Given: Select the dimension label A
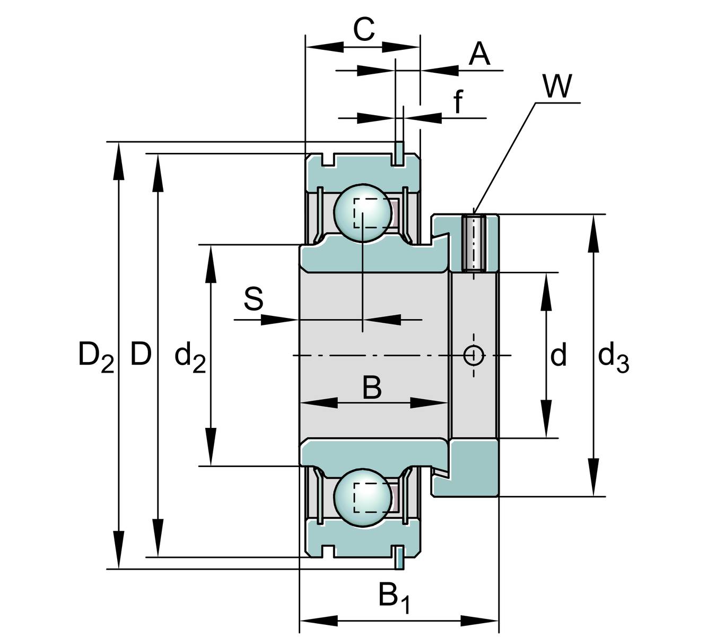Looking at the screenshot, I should point(479,54).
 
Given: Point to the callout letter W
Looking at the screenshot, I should point(557,87).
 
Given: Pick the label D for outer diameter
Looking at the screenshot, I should point(141,354).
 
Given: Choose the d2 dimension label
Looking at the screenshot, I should point(190,357).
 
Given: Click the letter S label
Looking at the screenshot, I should point(254,299).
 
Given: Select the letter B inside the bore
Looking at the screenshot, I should point(372,388).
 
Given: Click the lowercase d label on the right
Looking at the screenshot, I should point(558,355).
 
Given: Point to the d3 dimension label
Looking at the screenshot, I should point(613,357).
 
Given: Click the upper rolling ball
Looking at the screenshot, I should point(362,213).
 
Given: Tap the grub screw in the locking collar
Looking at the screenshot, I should point(473,243).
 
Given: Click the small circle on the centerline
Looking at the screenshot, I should point(473,355).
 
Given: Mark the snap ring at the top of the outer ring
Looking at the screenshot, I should point(398,152).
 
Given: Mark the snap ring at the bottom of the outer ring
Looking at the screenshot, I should point(398,557).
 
